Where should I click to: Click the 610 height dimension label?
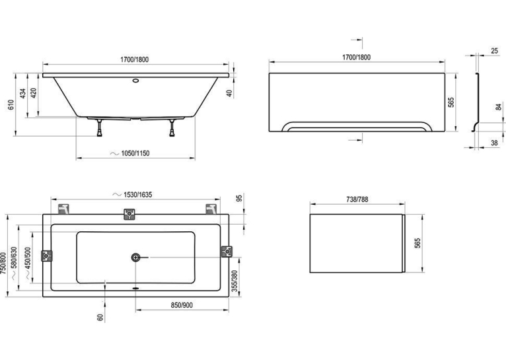(11, 104)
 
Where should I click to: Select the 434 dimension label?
(23, 93)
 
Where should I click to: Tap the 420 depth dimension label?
(34, 93)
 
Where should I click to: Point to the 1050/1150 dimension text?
(135, 153)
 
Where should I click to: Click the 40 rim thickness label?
(229, 93)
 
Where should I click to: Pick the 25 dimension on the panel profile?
(494, 51)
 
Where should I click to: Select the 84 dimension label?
(499, 107)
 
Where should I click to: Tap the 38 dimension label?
(494, 142)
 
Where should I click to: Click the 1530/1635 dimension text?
(137, 194)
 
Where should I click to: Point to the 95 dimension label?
(239, 198)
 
